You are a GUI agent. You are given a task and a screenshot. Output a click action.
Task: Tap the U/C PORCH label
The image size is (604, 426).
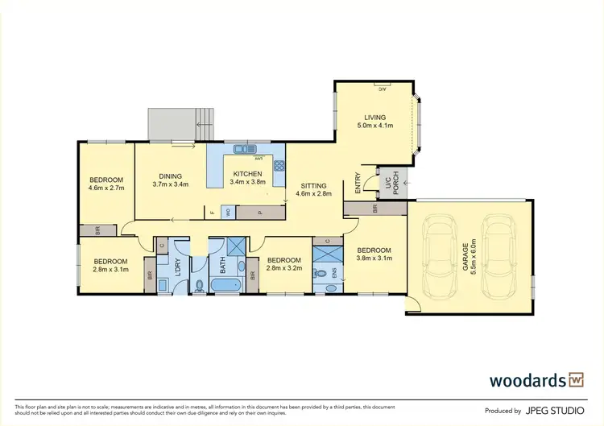391,187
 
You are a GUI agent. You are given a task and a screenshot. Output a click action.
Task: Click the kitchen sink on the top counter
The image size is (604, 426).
242,149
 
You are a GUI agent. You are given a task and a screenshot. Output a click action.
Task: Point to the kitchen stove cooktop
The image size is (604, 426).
279,167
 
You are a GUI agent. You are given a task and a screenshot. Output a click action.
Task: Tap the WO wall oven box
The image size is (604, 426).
228,213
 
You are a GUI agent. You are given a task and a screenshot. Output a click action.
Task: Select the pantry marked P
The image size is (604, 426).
260,213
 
